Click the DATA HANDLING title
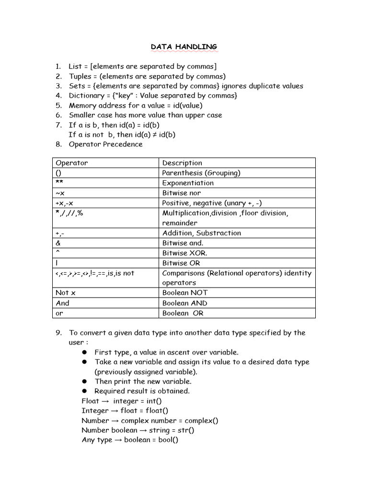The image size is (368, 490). (184, 46)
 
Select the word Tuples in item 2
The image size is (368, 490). (80, 76)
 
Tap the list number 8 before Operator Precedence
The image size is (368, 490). (58, 144)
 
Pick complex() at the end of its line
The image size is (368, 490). (201, 421)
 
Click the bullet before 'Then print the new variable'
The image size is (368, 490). (84, 381)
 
